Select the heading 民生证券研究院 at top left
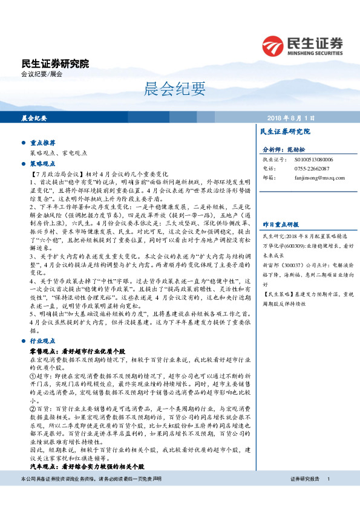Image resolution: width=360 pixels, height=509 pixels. pos(55,63)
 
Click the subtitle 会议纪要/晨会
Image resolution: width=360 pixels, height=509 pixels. pos(42,74)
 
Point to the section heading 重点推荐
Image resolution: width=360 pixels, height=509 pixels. pos(43,143)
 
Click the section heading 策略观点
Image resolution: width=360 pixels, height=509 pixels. pos(43,163)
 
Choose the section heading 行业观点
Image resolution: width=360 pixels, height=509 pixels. pos(43,342)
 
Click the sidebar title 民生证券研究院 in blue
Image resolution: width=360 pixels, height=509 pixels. pos(284,131)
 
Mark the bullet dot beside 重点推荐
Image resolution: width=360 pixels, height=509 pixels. pos(23,143)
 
